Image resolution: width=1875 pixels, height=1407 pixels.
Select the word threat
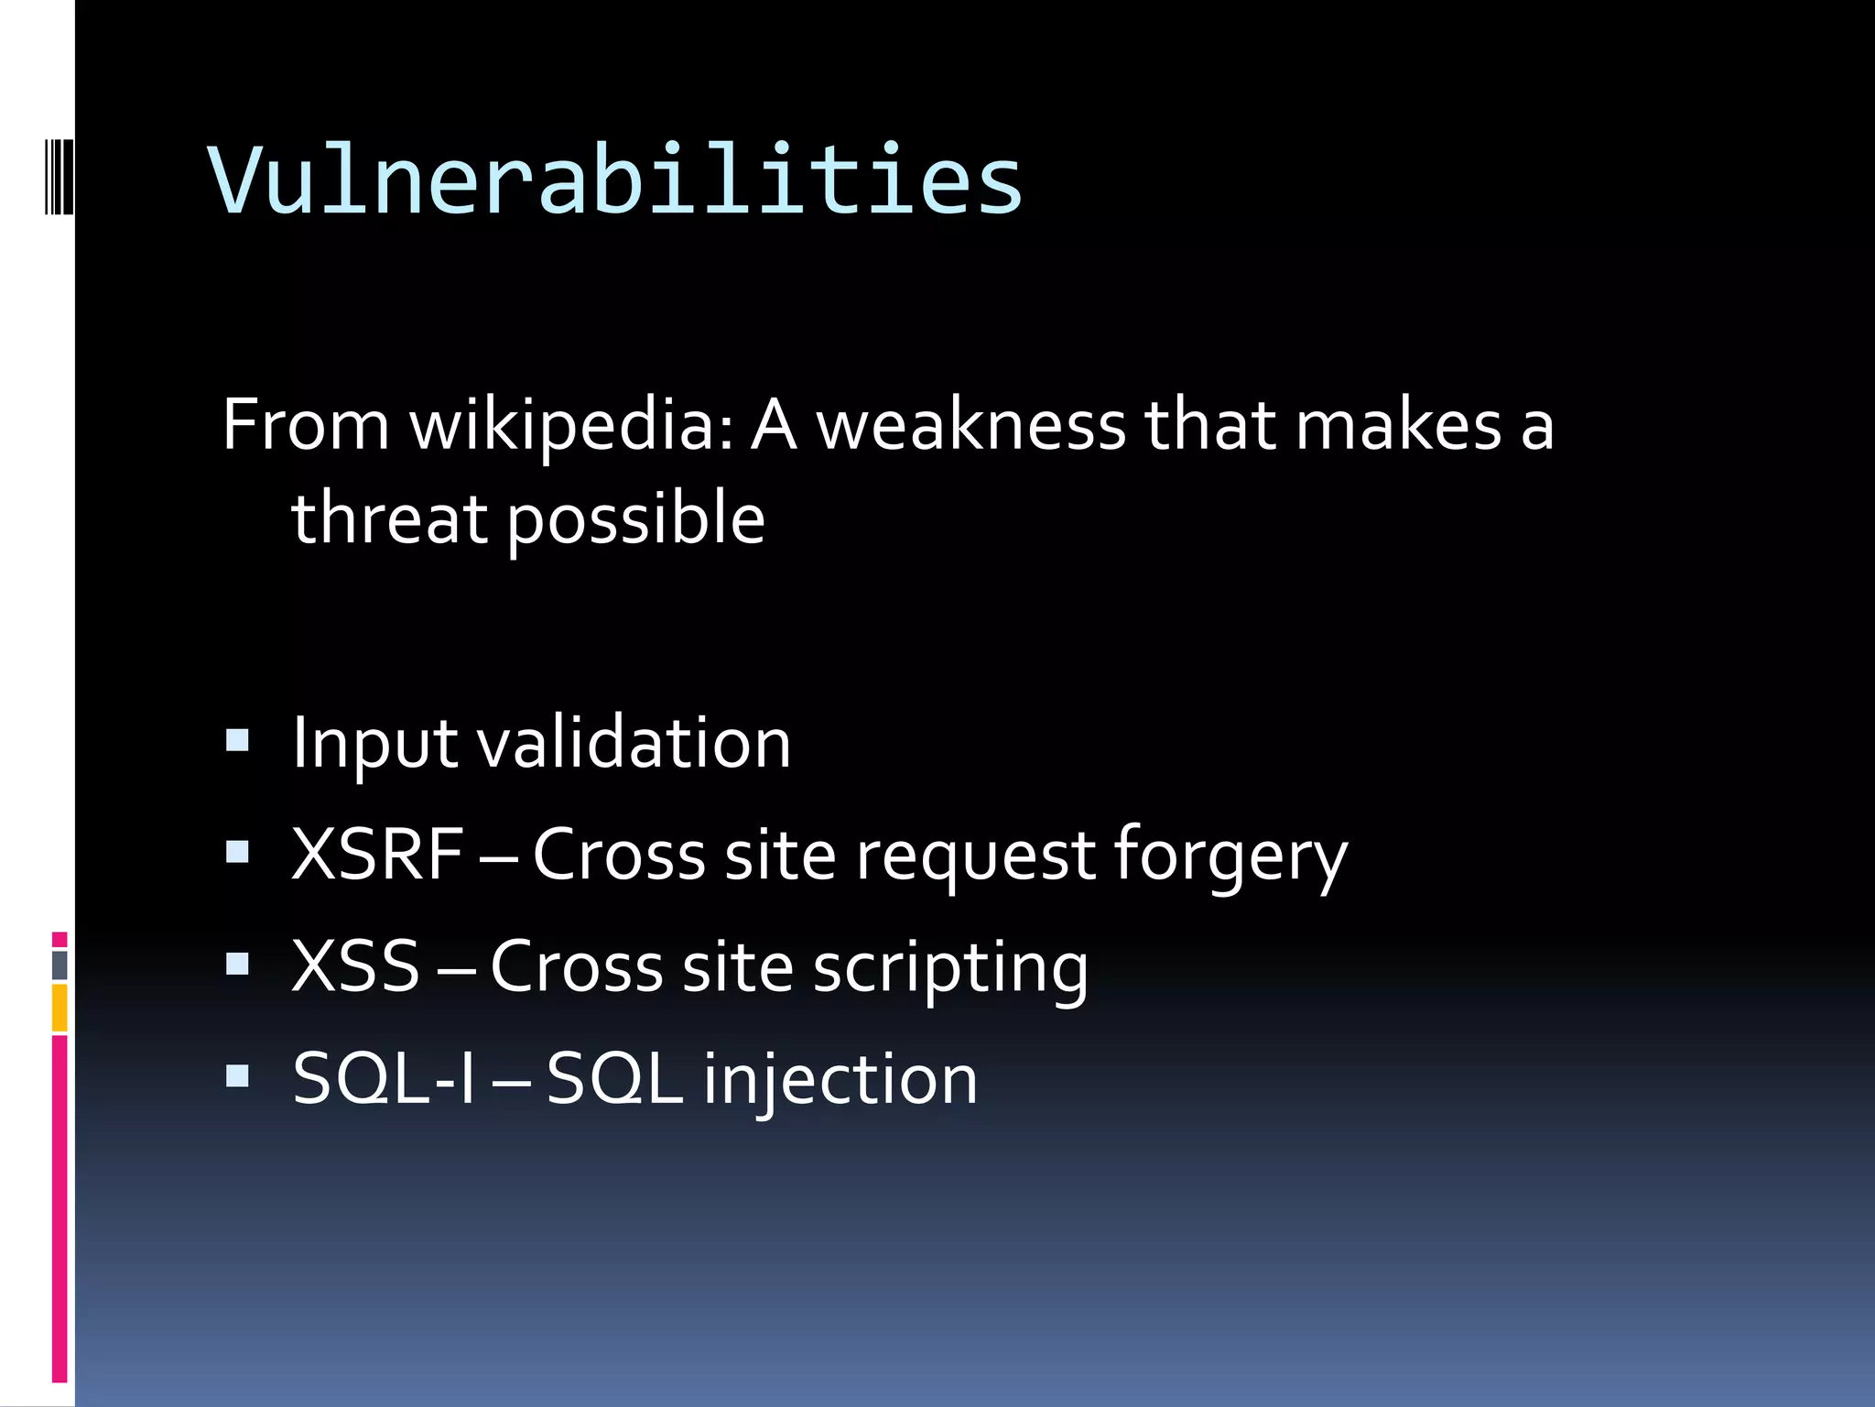point(388,518)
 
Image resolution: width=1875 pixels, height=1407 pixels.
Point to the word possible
point(635,520)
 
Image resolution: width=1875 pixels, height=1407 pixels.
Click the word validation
point(634,742)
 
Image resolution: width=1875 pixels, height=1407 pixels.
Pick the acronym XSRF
point(377,854)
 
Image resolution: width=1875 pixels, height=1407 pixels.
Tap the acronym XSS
point(355,965)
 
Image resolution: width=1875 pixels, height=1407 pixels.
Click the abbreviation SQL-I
point(385,1079)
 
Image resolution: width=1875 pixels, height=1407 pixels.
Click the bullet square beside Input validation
point(237,740)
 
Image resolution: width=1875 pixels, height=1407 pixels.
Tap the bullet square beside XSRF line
point(237,852)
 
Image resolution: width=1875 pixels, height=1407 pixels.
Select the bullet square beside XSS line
point(237,964)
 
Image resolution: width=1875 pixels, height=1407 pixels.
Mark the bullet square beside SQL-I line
point(237,1075)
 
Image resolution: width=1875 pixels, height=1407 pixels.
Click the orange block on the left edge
point(60,1008)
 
